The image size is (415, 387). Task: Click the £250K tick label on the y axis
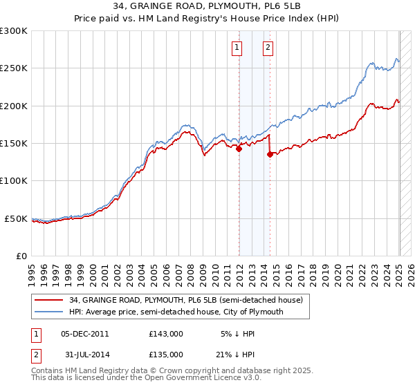point(13,68)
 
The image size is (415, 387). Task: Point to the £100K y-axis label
point(13,180)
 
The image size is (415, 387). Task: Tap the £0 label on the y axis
point(21,256)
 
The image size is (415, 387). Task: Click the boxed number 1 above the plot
point(237,48)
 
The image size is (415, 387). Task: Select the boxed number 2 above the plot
point(268,48)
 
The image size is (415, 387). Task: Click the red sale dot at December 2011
point(239,148)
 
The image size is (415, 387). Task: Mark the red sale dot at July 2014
point(270,154)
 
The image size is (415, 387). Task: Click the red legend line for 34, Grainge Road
point(48,301)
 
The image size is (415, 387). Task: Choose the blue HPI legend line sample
point(48,312)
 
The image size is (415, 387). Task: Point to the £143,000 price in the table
point(166,334)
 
